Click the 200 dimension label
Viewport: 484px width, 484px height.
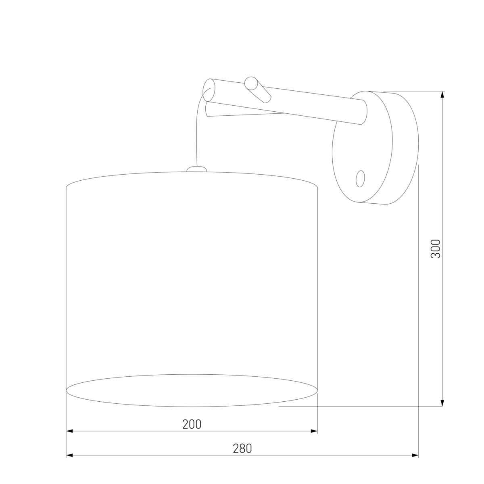click(192, 424)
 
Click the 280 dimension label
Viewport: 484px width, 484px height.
click(242, 449)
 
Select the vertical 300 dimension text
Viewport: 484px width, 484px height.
click(436, 248)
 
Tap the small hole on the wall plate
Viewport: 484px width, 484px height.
click(361, 178)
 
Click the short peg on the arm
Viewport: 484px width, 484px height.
click(258, 90)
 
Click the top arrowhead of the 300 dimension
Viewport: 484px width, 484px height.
click(442, 94)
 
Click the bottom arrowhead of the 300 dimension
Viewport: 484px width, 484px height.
click(442, 403)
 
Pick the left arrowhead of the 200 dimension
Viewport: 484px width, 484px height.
click(70, 431)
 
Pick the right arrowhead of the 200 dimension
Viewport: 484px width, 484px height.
click(314, 431)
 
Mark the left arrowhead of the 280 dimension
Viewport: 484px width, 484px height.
click(70, 455)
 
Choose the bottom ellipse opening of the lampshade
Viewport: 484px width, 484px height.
click(192, 390)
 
